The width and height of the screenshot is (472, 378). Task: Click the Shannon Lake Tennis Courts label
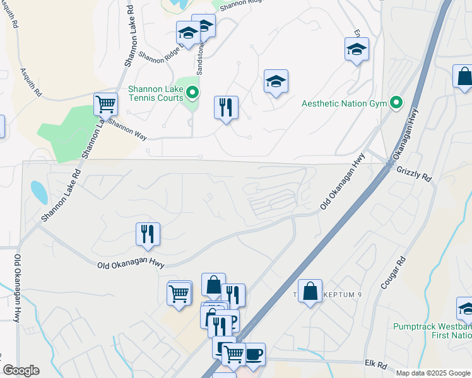(155, 93)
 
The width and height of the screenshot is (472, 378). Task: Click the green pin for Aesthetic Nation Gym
(396, 102)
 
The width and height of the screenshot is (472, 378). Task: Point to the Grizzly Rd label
(414, 175)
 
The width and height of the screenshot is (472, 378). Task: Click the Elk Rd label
(375, 364)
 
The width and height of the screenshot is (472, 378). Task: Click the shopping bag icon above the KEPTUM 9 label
(310, 291)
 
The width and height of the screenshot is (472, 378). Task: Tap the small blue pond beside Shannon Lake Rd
(38, 192)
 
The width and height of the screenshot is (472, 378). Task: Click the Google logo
(21, 370)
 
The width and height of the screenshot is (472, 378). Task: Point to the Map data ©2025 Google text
(432, 373)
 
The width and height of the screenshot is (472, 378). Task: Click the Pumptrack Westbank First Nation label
(432, 331)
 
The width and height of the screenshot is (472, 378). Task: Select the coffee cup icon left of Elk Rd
(254, 353)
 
